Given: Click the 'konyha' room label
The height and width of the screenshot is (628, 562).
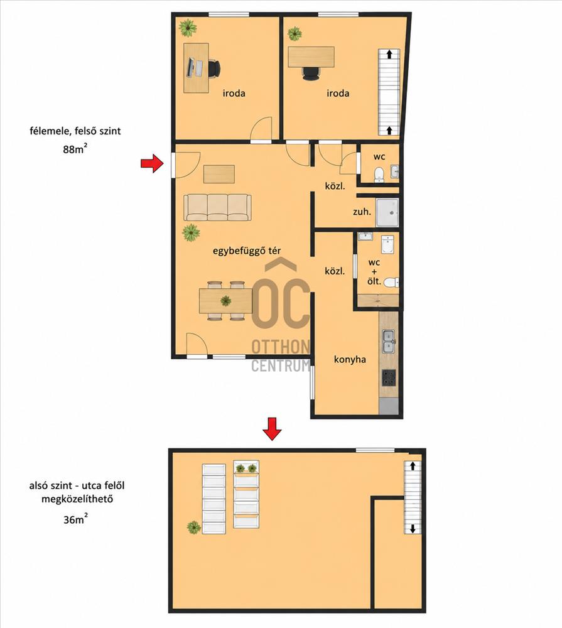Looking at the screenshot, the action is point(350,360).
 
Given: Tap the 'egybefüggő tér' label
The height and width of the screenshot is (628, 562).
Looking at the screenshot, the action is point(246,251).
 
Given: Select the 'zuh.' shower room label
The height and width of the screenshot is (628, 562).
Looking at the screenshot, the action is point(362,212).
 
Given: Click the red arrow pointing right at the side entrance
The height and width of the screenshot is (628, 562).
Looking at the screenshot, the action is point(152,163).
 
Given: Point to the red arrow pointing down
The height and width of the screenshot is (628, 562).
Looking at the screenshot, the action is point(272,429).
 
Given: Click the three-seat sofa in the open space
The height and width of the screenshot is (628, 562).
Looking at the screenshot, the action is point(217,207).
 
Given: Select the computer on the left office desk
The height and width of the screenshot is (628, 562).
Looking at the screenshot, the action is point(194,68).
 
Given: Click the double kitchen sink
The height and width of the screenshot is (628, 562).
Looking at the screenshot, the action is point(388,341).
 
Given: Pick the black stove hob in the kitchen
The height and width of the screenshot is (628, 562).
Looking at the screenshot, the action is point(389,377).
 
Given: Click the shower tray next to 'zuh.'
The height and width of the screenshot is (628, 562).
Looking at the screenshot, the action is point(387,212).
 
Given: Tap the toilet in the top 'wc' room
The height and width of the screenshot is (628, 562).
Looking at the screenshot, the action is point(379,175).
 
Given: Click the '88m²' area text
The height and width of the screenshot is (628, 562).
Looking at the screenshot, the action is point(75,149).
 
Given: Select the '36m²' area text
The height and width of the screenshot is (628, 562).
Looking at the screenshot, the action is point(76,519).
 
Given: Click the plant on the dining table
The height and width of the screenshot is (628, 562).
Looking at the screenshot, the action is point(225,300).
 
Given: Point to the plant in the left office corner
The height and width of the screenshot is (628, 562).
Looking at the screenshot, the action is point(188,28).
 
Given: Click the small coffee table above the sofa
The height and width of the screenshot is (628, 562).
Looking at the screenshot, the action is point(219,174).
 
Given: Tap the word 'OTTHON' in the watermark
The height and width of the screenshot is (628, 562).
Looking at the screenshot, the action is point(281,347).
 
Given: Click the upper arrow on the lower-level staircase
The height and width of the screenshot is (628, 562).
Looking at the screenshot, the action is point(413,466).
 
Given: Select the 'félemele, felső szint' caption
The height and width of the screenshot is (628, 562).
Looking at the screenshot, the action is point(75,131).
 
